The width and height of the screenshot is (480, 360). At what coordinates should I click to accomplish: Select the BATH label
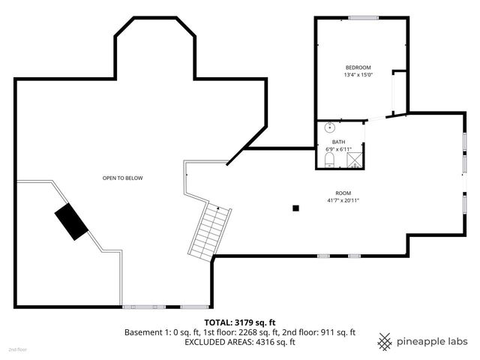point(338,142)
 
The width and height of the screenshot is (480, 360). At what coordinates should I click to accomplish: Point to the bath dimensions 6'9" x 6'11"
point(338,149)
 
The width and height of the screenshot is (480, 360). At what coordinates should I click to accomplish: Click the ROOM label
point(343,193)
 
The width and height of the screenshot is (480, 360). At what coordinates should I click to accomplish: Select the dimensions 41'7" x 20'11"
point(343,200)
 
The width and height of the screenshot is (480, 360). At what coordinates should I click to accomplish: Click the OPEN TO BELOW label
point(122,178)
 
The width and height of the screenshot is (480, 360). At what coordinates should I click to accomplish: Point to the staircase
point(209,230)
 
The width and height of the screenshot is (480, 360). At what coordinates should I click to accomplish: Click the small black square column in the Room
point(296,208)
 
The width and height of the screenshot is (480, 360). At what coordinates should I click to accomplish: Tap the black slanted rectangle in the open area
point(70,222)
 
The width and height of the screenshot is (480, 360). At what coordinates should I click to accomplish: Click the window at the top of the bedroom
point(362,17)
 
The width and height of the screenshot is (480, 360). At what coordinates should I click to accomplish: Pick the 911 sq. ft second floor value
point(337,331)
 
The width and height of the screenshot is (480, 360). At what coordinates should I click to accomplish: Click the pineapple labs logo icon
point(385,341)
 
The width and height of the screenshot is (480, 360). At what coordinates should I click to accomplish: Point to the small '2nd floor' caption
point(16,350)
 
